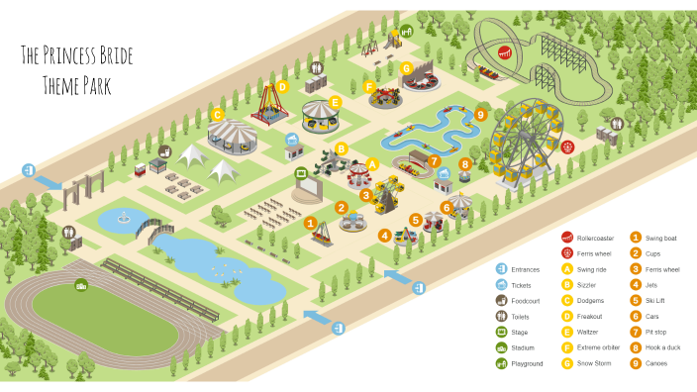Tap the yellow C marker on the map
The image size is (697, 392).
click(216, 115)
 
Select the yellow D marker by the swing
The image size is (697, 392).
click(282, 87)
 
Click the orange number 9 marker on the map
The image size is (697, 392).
click(481, 115)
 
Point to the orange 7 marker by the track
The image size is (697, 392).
click(434, 161)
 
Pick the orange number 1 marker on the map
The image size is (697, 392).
click(310, 224)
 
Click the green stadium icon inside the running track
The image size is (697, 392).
click(82, 285)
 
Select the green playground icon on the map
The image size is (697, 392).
click(406, 31)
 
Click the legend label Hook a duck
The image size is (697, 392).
click(663, 347)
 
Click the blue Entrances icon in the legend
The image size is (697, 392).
click(502, 268)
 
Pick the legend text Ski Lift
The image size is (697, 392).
click(657, 300)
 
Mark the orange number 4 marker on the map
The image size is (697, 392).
click(384, 236)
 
